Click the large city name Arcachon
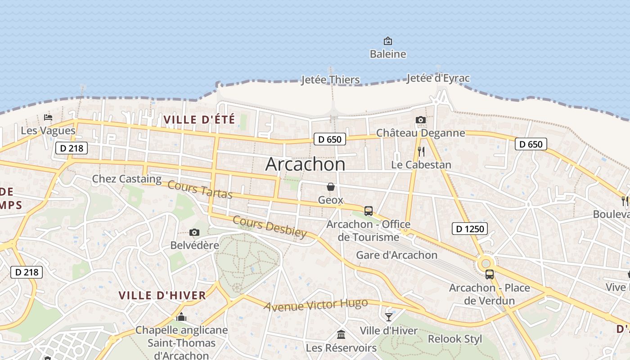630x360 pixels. (305, 164)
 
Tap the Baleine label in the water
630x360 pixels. (388, 54)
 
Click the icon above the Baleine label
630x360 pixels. (387, 41)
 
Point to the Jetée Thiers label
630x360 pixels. (331, 80)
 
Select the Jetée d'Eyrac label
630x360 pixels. (438, 78)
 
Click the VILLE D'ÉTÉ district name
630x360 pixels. (199, 120)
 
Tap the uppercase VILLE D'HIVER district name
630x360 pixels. (162, 296)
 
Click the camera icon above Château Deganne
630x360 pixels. (421, 120)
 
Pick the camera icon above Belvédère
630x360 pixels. (194, 232)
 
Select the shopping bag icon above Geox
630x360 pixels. (331, 186)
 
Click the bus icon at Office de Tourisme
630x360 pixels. (368, 211)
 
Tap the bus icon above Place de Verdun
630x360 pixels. (490, 274)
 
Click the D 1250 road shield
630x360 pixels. (470, 229)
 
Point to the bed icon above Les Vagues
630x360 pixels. (48, 117)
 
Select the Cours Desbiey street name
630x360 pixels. (270, 227)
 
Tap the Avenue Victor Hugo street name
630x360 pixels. (315, 305)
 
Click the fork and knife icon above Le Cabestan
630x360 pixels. (421, 151)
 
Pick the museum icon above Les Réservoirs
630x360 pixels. (341, 334)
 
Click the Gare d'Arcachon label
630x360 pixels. (396, 255)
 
